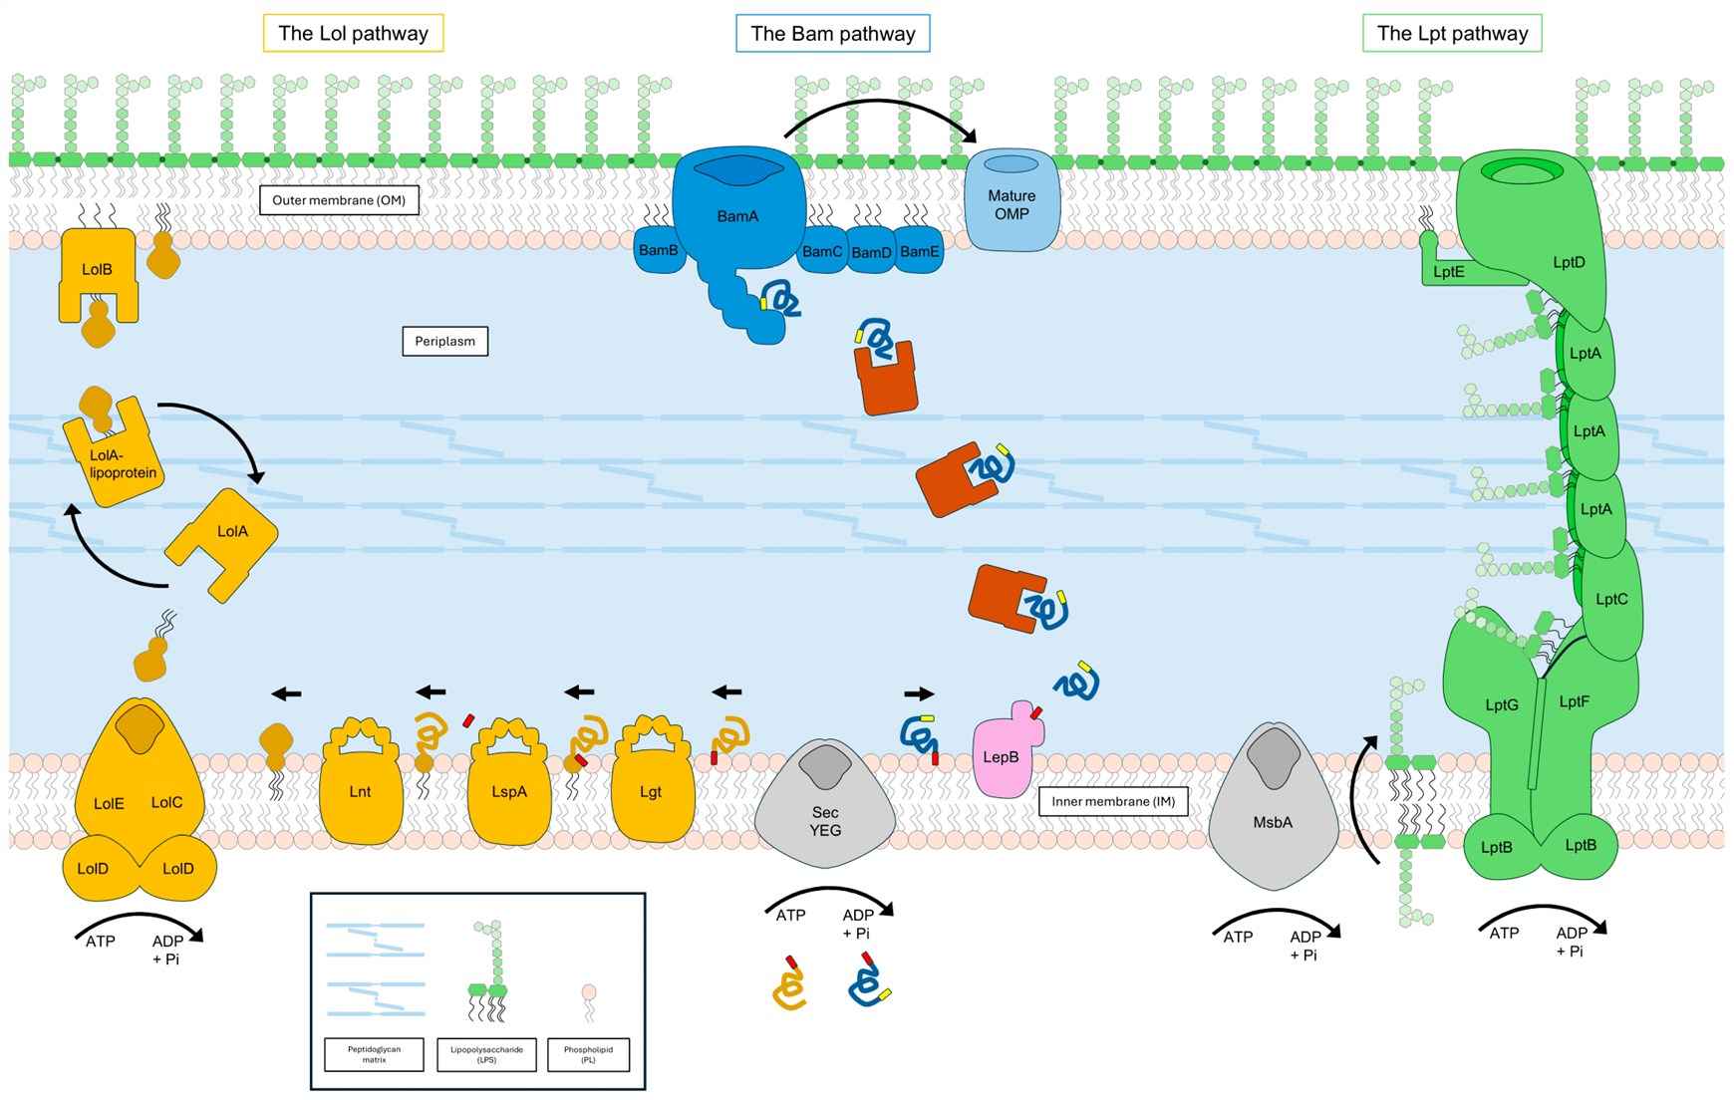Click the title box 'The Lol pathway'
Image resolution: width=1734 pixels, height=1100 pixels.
(x=353, y=33)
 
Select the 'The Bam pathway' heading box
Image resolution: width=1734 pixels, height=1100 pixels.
(x=832, y=33)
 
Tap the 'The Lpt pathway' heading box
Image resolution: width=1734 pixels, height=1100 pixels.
(x=1451, y=33)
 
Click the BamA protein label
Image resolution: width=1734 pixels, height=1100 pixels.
(x=737, y=216)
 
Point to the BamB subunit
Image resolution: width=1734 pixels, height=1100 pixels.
(x=658, y=250)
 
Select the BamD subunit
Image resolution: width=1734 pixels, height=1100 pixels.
(x=871, y=252)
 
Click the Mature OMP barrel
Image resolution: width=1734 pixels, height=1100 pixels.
(x=1011, y=205)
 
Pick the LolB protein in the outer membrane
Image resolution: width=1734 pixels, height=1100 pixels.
(x=97, y=269)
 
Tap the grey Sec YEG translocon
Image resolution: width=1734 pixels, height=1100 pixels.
(x=825, y=821)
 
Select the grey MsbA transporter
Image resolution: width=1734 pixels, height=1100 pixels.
(x=1273, y=822)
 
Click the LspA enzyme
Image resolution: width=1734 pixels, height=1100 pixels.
(x=509, y=792)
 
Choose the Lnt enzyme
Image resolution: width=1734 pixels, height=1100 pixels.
(x=360, y=792)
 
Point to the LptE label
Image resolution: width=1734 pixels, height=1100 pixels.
(x=1448, y=272)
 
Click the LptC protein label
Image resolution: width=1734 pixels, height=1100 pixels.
(x=1610, y=599)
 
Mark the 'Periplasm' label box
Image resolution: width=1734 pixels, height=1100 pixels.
(x=444, y=341)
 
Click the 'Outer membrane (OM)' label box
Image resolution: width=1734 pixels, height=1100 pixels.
(x=339, y=200)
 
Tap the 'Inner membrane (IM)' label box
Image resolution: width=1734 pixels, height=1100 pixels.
(x=1113, y=801)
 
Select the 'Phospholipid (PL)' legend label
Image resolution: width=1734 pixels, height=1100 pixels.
(x=588, y=1054)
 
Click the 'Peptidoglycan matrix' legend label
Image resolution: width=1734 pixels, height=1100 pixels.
(x=374, y=1054)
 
